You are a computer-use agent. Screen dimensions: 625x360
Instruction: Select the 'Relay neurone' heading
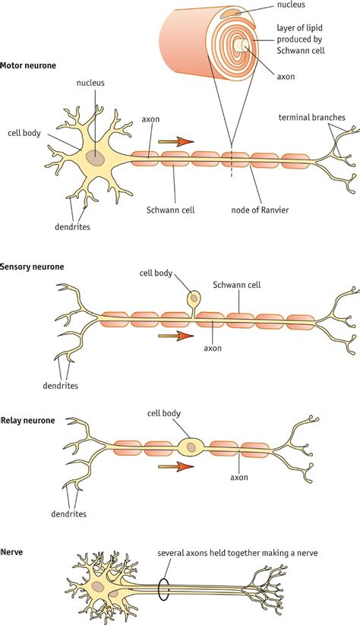click(29, 420)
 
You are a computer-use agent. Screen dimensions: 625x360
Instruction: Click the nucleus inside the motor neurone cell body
click(96, 156)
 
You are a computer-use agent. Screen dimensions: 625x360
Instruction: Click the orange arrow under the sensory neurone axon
click(175, 334)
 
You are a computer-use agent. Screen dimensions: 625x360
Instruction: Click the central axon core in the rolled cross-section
click(241, 47)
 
